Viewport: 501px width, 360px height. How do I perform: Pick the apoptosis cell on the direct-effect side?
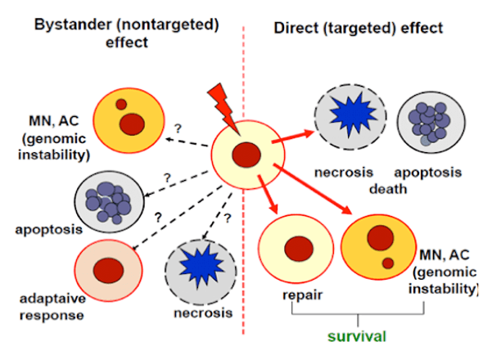[x=429, y=124]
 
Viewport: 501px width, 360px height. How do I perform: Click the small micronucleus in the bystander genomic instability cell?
[x=121, y=105]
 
